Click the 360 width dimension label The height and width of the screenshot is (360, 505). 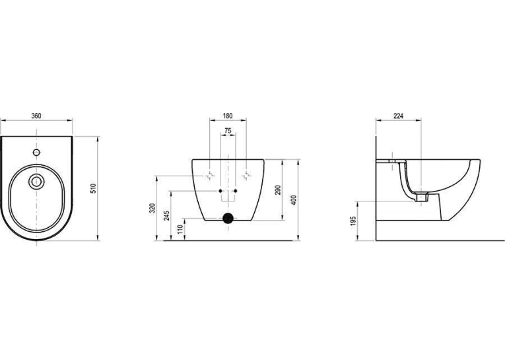pyautogui.click(x=36, y=116)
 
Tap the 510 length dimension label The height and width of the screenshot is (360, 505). pyautogui.click(x=93, y=188)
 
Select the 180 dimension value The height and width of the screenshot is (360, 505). pyautogui.click(x=228, y=116)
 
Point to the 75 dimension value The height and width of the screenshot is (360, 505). pyautogui.click(x=228, y=131)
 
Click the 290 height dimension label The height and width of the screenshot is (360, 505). pyautogui.click(x=279, y=190)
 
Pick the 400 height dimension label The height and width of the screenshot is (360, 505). pyautogui.click(x=293, y=200)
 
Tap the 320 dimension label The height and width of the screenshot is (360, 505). pyautogui.click(x=153, y=208)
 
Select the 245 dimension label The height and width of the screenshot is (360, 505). pyautogui.click(x=166, y=215)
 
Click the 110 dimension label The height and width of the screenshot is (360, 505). pyautogui.click(x=180, y=229)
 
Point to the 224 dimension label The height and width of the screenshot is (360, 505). pyautogui.click(x=399, y=116)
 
